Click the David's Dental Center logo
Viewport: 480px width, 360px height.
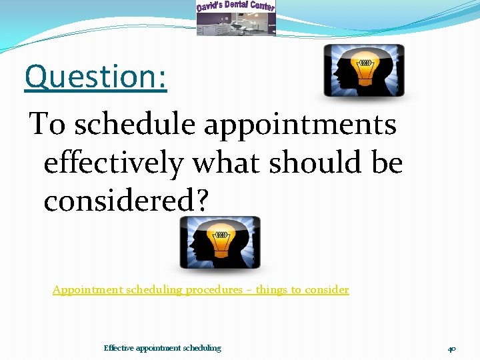pyautogui.click(x=235, y=18)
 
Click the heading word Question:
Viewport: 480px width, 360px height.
pyautogui.click(x=95, y=77)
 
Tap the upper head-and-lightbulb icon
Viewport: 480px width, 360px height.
pyautogui.click(x=363, y=71)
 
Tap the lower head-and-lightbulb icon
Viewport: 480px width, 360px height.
pyautogui.click(x=220, y=243)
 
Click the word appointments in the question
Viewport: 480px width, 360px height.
pyautogui.click(x=300, y=125)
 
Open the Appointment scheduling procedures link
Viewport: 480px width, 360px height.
pyautogui.click(x=201, y=290)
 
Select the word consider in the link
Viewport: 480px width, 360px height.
pyautogui.click(x=326, y=290)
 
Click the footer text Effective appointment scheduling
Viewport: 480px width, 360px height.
pyautogui.click(x=162, y=348)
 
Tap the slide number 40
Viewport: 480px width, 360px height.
pyautogui.click(x=451, y=349)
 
